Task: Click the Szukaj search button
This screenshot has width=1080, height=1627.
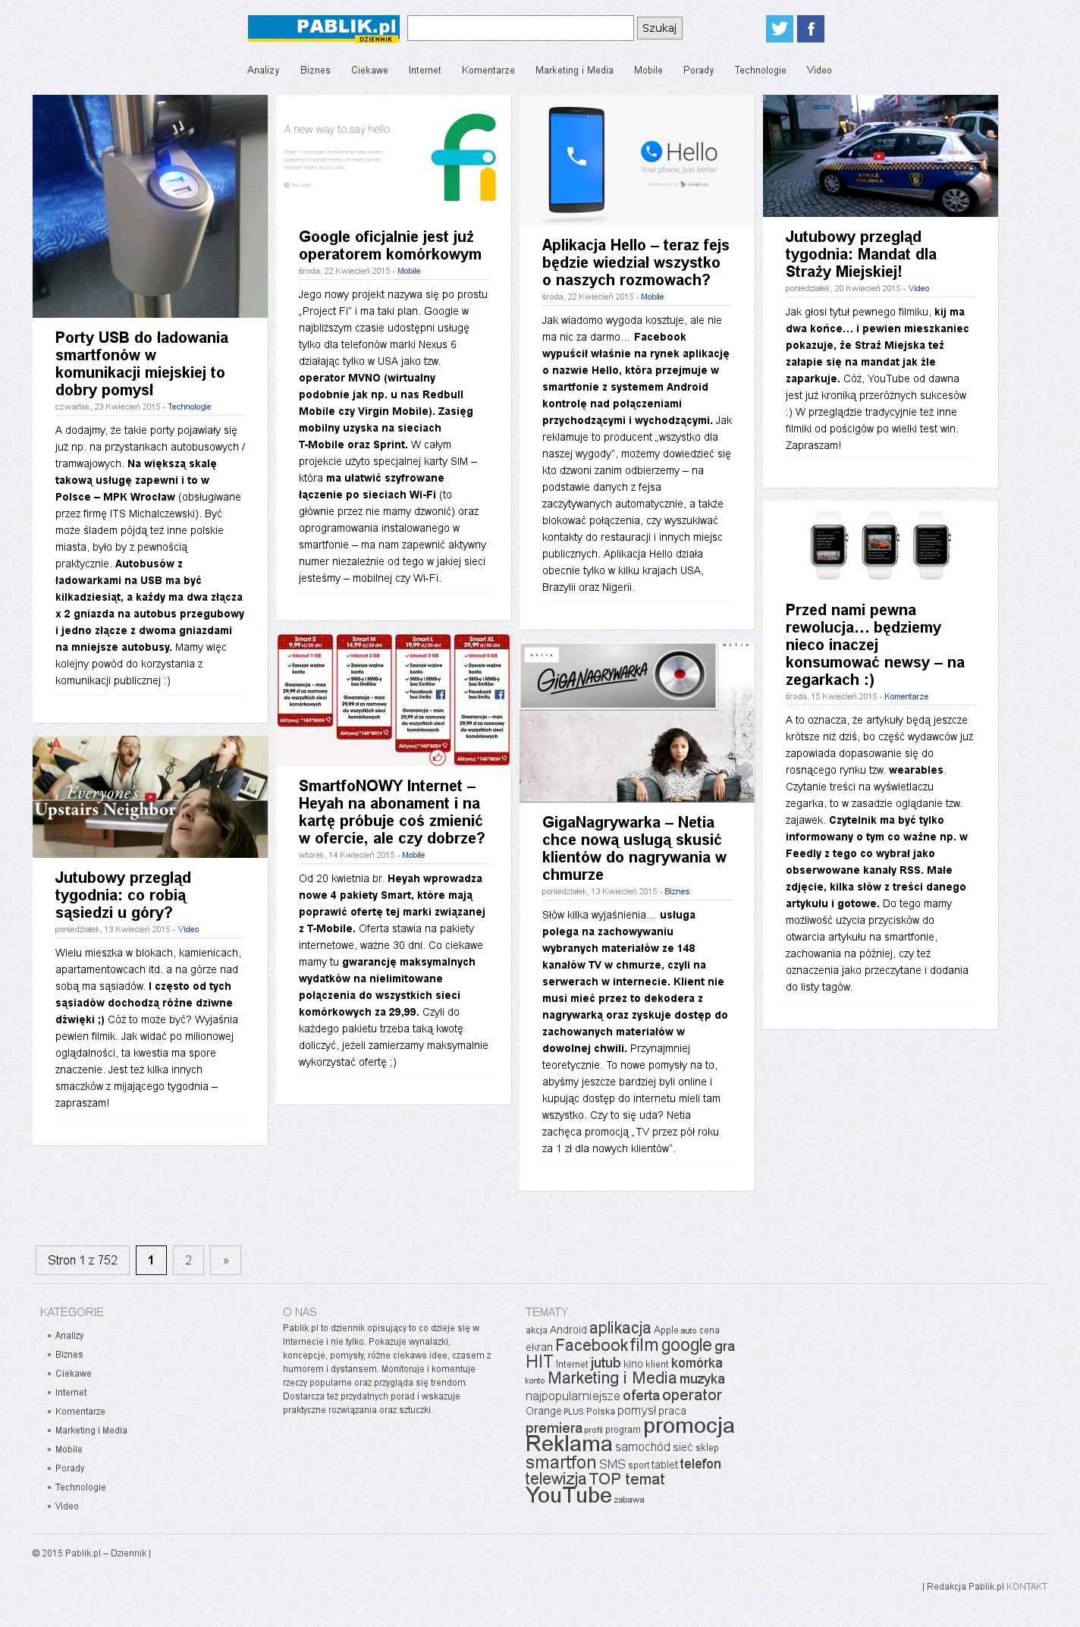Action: pyautogui.click(x=659, y=28)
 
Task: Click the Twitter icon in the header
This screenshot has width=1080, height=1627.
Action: pyautogui.click(x=779, y=29)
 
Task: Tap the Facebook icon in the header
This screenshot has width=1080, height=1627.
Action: pyautogui.click(x=811, y=29)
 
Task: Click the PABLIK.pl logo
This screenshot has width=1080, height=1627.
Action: pyautogui.click(x=324, y=29)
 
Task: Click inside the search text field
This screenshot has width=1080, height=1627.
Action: pyautogui.click(x=520, y=28)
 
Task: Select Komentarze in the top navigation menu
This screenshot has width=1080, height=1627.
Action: pyautogui.click(x=488, y=71)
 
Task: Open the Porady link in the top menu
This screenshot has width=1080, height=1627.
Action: pyautogui.click(x=698, y=71)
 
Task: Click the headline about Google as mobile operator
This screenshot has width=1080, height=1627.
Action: pyautogui.click(x=390, y=245)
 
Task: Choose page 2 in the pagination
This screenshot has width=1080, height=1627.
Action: pyautogui.click(x=188, y=1260)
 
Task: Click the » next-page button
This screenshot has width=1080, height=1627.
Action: pyautogui.click(x=225, y=1260)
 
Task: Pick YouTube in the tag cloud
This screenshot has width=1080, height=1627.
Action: pyautogui.click(x=568, y=1494)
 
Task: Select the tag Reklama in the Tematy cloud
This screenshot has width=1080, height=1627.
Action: pyautogui.click(x=568, y=1443)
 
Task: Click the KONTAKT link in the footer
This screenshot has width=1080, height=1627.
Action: pyautogui.click(x=1026, y=1586)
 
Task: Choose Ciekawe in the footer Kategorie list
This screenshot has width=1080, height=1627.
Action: pyautogui.click(x=73, y=1373)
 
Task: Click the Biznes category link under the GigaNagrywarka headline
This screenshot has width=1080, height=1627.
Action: pyautogui.click(x=677, y=891)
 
